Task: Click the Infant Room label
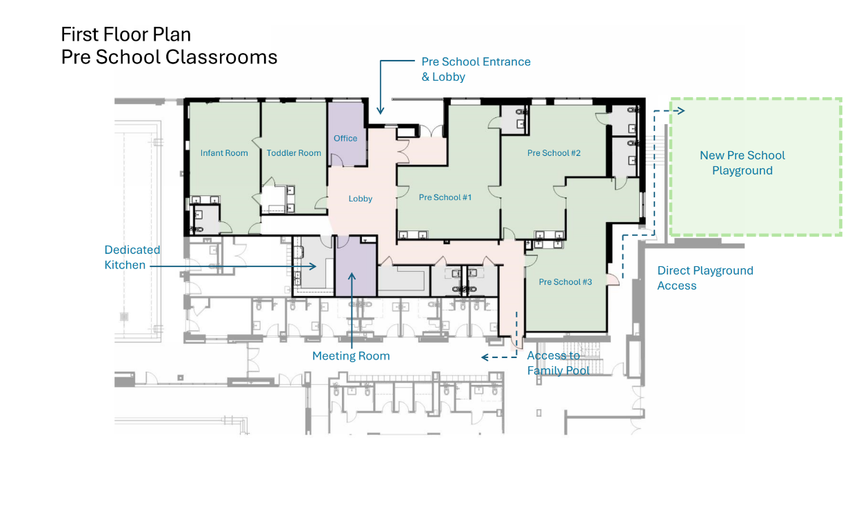(224, 153)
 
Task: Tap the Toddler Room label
(294, 153)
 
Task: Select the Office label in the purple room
(345, 138)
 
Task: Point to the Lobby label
(360, 199)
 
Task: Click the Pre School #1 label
(445, 197)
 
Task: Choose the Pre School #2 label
(554, 152)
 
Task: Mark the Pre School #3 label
(565, 282)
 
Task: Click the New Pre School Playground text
(742, 163)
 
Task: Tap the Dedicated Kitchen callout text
(132, 257)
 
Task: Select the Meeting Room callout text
(351, 356)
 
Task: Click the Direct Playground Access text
(705, 278)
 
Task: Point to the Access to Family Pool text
(558, 363)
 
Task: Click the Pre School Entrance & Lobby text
(476, 69)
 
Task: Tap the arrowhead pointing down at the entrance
(380, 110)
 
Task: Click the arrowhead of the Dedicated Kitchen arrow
(313, 266)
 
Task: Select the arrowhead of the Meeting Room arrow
(352, 276)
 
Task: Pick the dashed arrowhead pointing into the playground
(681, 111)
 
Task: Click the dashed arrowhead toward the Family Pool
(485, 357)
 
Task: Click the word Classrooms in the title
(221, 57)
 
